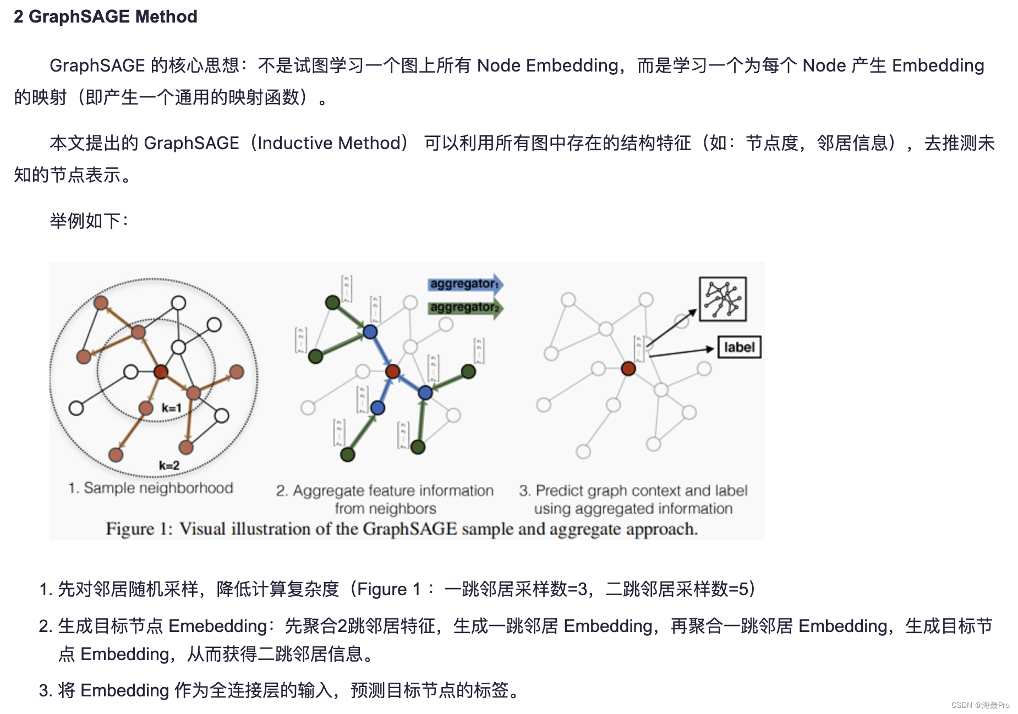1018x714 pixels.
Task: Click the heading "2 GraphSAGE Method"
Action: tap(105, 17)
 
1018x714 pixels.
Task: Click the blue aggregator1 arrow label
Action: tap(464, 284)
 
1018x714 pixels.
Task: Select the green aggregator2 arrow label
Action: tap(464, 307)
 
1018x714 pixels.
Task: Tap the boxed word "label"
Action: tap(739, 347)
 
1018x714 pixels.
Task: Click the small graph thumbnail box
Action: tap(722, 299)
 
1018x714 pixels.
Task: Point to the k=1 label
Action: tap(171, 408)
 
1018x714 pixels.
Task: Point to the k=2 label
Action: tap(169, 465)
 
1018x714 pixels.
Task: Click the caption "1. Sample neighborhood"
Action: tap(150, 488)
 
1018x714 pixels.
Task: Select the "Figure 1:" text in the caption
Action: tap(139, 529)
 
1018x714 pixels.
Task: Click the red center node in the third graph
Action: tap(628, 368)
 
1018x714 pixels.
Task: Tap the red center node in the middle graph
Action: tap(392, 371)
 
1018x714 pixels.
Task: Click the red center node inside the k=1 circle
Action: tap(161, 372)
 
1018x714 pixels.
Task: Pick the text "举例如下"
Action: tap(85, 221)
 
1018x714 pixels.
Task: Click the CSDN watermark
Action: tap(979, 705)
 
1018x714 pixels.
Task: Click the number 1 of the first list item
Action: tap(44, 589)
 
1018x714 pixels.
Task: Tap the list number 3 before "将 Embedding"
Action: tap(44, 690)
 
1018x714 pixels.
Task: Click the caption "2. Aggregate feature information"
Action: tap(385, 490)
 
